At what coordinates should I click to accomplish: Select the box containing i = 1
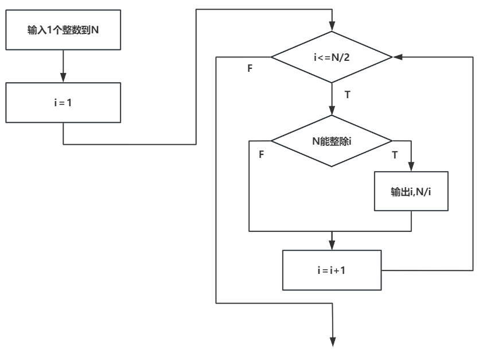(x=63, y=102)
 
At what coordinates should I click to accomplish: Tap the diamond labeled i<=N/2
(x=332, y=57)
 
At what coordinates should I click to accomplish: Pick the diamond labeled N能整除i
(x=332, y=140)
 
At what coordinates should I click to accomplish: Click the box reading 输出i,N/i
(x=411, y=191)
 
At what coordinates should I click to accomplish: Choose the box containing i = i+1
(x=332, y=270)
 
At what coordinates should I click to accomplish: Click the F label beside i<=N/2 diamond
(x=250, y=68)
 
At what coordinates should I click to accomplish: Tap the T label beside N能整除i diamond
(x=394, y=155)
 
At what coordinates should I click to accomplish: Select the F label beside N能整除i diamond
(x=261, y=155)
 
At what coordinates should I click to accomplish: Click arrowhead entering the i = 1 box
(x=63, y=79)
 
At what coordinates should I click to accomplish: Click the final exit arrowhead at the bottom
(x=332, y=343)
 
